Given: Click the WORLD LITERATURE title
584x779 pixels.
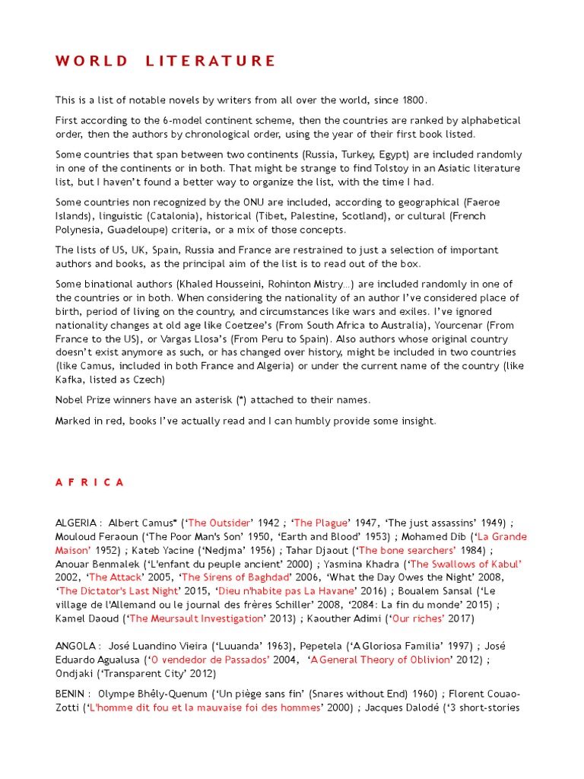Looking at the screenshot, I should coord(165,61).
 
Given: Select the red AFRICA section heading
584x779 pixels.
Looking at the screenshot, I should coord(90,482).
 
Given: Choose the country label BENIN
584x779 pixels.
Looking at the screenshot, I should coord(71,694).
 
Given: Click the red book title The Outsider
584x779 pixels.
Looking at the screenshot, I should coord(218,523).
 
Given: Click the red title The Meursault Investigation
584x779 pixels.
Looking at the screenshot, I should coord(196,618).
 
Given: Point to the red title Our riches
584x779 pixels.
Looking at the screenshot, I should coord(417,618).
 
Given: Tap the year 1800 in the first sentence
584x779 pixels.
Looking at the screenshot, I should coord(414,100).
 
